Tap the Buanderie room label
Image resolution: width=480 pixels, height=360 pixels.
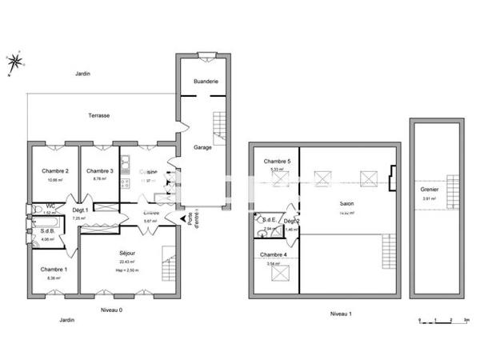206,82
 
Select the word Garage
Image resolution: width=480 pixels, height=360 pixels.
202,146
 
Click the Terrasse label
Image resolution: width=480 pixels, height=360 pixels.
99,116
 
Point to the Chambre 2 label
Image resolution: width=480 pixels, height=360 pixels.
54,170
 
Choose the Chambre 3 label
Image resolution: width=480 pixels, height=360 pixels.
99,170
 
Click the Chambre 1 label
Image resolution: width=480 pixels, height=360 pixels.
54,270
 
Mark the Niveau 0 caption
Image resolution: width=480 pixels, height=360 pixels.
112,310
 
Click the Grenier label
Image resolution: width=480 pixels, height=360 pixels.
429,190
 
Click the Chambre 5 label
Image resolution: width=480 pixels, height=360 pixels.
277,162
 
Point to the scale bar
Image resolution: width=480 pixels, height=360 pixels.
443,320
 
